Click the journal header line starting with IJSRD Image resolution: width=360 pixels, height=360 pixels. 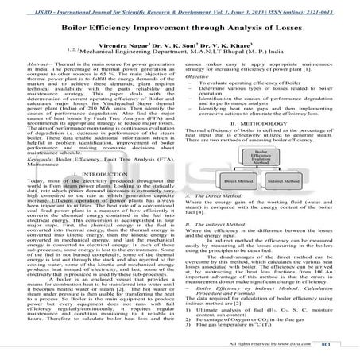click(x=180, y=6)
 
